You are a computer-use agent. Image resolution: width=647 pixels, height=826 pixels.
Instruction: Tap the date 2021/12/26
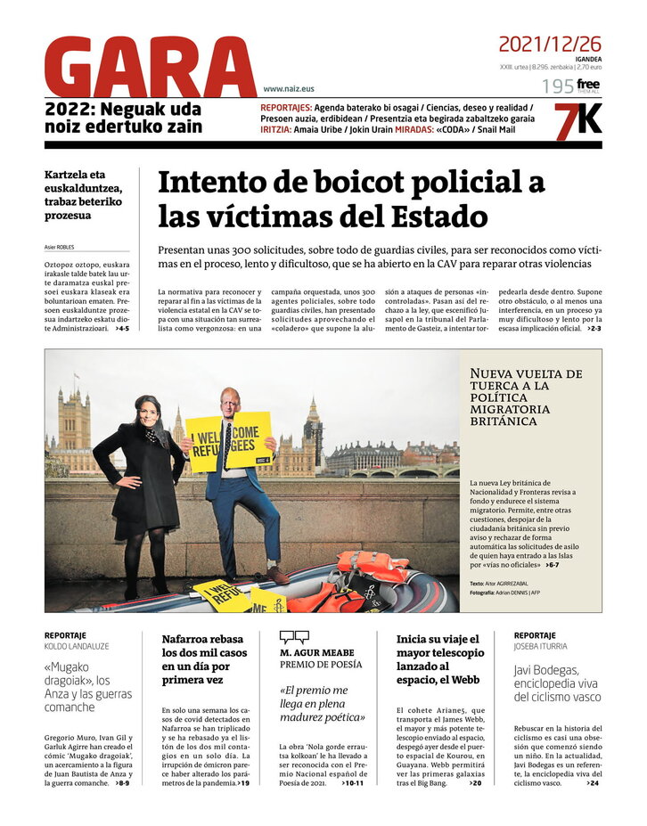549,44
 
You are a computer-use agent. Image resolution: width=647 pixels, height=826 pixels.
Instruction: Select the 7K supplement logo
577,122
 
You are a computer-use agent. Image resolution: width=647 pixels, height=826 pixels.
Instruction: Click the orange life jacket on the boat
373,562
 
